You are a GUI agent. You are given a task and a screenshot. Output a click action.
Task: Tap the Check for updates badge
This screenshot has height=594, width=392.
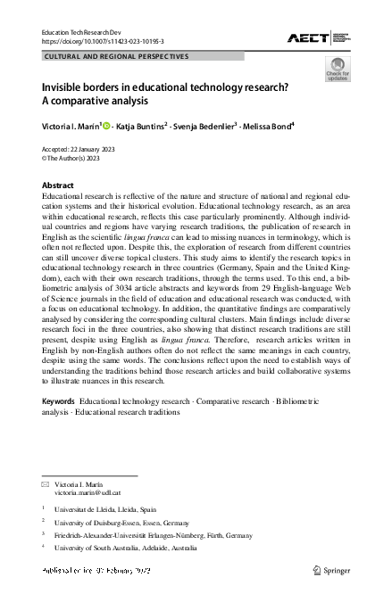click(337, 70)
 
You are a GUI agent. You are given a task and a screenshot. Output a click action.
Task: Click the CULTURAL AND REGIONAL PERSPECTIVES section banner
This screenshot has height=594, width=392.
click(117, 55)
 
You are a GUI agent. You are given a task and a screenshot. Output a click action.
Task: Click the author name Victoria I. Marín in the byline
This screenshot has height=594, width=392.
click(71, 127)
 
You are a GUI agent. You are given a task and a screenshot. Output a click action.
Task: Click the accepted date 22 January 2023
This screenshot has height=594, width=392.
click(99, 149)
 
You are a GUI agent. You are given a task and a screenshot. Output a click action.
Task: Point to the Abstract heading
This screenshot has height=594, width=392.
click(58, 185)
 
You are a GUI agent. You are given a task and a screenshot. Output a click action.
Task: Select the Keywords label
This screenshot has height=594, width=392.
click(59, 402)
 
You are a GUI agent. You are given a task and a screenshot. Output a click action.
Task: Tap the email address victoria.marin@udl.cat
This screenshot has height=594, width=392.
click(87, 492)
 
